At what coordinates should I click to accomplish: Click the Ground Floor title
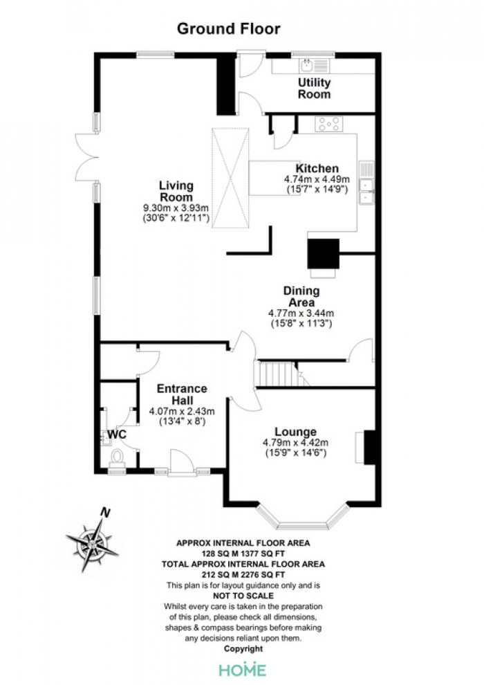tap(228, 29)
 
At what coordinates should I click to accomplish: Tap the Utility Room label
tap(314, 89)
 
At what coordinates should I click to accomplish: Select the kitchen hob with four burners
tap(328, 124)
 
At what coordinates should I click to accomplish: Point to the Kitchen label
tap(317, 169)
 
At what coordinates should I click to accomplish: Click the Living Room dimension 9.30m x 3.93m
tap(176, 208)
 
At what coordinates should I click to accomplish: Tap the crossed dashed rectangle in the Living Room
tap(230, 178)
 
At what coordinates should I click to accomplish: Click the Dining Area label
tap(301, 297)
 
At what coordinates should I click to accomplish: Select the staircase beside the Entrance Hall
tap(279, 374)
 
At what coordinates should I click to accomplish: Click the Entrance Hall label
tap(182, 394)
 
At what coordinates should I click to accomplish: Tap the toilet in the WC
tap(117, 458)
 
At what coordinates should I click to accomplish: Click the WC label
tap(117, 435)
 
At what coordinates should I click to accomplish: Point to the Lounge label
tap(295, 432)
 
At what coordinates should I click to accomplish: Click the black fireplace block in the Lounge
tap(370, 448)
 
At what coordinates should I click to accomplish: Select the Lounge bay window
tap(304, 518)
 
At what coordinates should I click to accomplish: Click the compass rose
tap(93, 544)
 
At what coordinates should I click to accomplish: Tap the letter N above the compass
tap(104, 512)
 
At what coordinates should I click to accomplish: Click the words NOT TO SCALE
tap(243, 596)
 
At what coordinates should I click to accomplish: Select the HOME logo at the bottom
tap(243, 670)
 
